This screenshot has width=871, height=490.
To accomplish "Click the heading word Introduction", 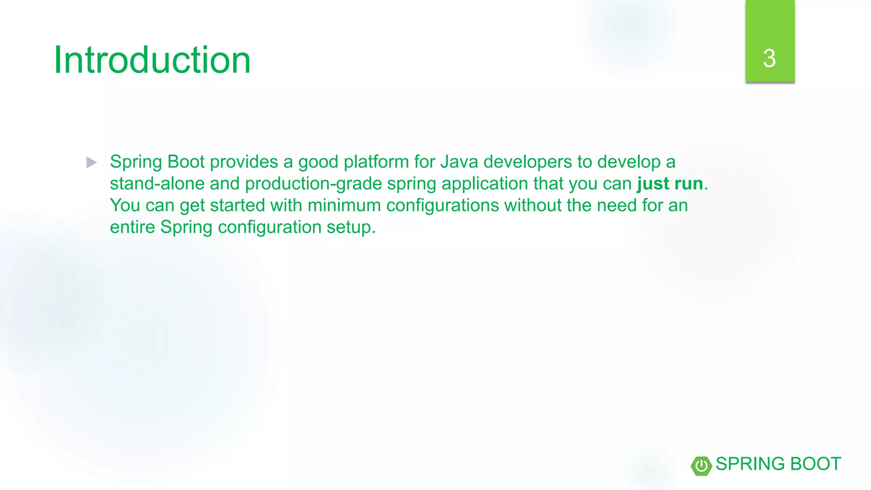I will pos(152,60).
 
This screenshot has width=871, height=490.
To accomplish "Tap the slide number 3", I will pos(769,58).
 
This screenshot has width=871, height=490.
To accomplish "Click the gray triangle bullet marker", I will pos(91,162).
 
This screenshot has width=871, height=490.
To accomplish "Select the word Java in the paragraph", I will pos(459,162).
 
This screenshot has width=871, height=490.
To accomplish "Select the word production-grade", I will pos(313,184).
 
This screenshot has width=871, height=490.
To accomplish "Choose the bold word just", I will pos(653,184).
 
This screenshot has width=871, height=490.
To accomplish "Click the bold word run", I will pos(689,184).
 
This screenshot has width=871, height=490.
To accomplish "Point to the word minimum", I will pos(344,205).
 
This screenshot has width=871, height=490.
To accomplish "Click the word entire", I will pos(132,227).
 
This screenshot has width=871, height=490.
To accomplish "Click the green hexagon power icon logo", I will pos(701,466).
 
